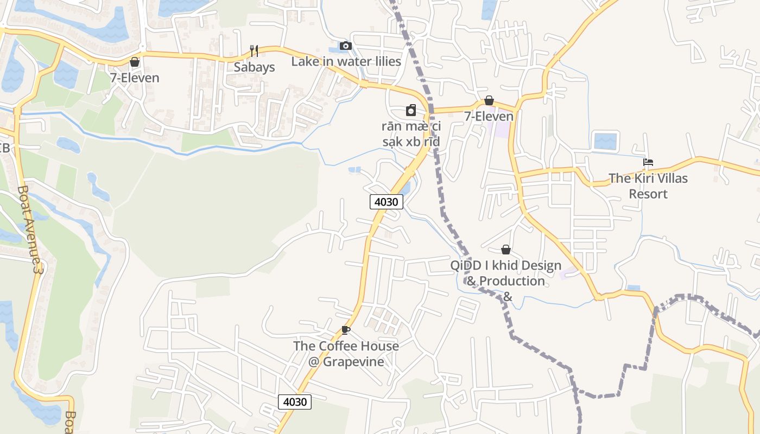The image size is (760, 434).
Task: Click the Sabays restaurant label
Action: (254, 67)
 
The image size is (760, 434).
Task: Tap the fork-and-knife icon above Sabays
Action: (254, 51)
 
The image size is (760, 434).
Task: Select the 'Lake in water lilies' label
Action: (346, 61)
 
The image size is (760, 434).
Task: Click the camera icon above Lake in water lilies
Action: (345, 46)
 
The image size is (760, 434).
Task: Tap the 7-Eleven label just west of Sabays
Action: (135, 78)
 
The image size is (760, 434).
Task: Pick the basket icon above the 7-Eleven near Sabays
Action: (135, 62)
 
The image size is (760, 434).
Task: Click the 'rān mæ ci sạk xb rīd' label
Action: (411, 134)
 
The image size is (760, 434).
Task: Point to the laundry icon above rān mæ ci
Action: (411, 110)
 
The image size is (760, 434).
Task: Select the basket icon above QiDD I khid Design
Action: (506, 250)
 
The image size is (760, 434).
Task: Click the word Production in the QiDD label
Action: (512, 281)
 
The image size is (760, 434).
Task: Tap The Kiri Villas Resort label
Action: (648, 186)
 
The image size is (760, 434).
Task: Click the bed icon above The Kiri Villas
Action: (648, 162)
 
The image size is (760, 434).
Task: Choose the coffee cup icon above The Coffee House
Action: (345, 330)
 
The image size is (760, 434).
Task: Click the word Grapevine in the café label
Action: (353, 361)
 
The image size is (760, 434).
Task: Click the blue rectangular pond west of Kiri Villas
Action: (605, 141)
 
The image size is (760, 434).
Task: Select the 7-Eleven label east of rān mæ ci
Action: (489, 116)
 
